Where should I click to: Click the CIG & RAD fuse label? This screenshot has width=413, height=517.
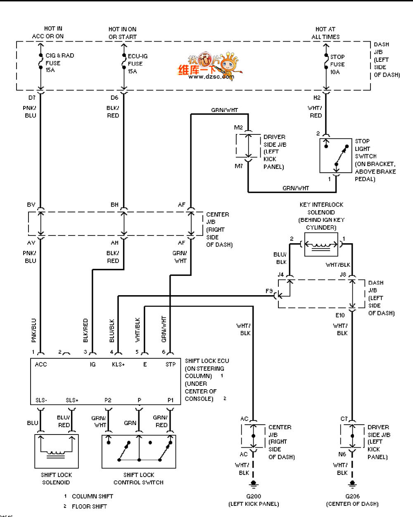[59, 63]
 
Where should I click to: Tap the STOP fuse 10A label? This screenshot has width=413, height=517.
[337, 64]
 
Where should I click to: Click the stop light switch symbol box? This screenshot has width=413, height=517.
[335, 155]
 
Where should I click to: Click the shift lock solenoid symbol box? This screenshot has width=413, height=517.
[56, 451]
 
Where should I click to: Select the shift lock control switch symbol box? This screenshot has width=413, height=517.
[139, 451]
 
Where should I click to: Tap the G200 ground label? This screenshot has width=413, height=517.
[254, 496]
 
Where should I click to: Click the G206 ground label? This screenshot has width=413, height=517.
[352, 496]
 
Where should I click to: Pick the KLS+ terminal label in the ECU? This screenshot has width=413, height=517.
[118, 364]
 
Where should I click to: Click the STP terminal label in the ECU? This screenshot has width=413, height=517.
[171, 364]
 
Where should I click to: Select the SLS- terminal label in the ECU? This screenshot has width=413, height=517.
[41, 400]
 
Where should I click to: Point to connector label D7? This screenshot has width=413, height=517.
[32, 98]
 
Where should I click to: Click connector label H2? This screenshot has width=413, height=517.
[317, 98]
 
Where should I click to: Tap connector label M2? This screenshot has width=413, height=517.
[238, 127]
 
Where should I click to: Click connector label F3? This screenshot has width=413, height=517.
[269, 291]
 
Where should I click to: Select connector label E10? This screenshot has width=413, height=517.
[340, 315]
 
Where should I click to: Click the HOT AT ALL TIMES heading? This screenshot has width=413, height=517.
[325, 33]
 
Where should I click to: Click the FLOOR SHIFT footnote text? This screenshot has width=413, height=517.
[89, 506]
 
